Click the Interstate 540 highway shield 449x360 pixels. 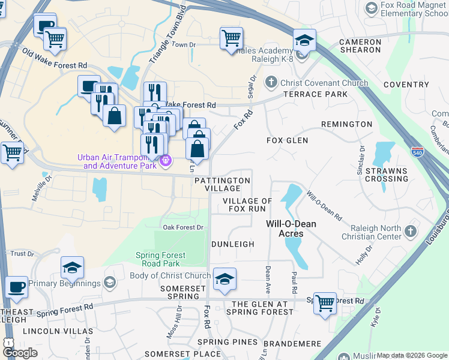[x=418, y=152]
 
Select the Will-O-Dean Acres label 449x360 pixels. [x=292, y=229]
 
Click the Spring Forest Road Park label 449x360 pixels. [x=158, y=259]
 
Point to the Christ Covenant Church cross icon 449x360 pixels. [x=271, y=83]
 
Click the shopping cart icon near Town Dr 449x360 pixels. [x=231, y=38]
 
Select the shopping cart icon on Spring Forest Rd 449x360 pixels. [x=325, y=304]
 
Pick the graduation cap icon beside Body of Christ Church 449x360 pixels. [x=224, y=279]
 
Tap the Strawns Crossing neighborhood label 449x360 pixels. [x=386, y=175]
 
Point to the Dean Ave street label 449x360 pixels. [x=268, y=276]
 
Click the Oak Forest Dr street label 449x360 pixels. [x=183, y=227]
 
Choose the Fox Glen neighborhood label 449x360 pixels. [x=287, y=140]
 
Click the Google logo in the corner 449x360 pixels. [x=20, y=352]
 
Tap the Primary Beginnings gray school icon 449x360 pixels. [x=109, y=282]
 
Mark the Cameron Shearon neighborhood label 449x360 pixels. [x=360, y=46]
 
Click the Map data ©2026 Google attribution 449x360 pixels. [x=412, y=355]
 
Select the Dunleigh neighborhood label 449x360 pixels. [x=233, y=245]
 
